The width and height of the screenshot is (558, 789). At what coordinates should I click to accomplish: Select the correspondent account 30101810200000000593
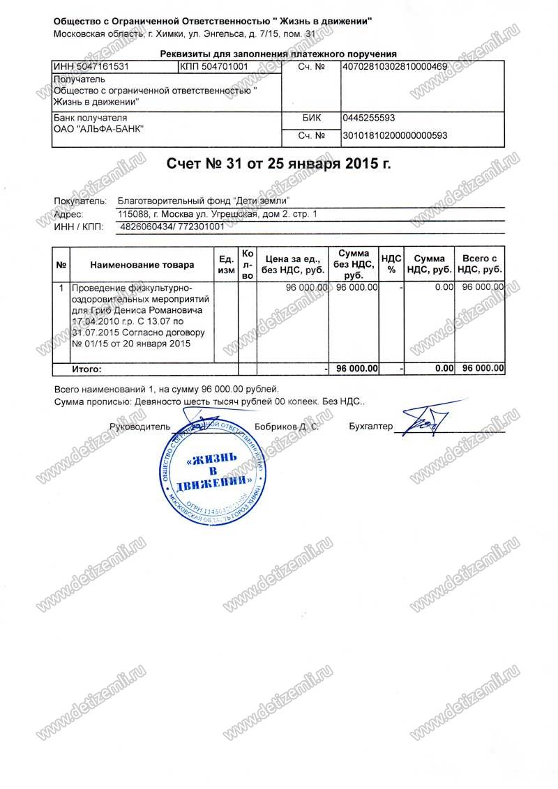pos(394,135)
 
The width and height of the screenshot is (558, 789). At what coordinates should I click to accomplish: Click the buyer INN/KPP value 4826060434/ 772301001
pos(172,227)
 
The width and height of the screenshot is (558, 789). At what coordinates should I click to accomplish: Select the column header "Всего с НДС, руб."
pos(480,264)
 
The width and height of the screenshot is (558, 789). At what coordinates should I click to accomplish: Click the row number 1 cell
pos(61,287)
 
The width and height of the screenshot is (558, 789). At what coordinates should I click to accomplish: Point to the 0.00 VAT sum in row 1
pos(440,287)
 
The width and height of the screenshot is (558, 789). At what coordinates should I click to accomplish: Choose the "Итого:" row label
pos(87,368)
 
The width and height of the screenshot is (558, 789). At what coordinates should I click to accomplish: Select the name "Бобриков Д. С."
pos(287,426)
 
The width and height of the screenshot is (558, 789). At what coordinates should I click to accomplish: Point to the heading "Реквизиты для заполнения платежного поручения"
pos(278,53)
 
